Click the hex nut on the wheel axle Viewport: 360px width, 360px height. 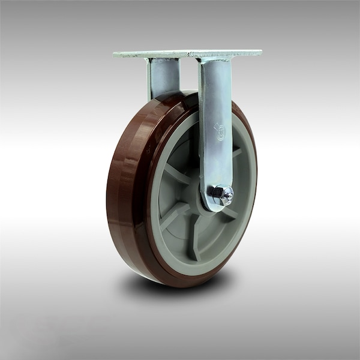(x=219, y=193)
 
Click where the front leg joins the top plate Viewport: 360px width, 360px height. (x=213, y=60)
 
